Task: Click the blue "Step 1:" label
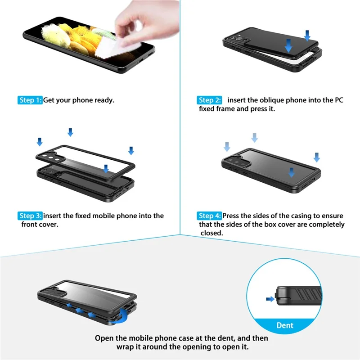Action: click(31, 100)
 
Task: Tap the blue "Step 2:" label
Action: click(210, 100)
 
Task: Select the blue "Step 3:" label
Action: click(31, 216)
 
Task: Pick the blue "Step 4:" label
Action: click(210, 216)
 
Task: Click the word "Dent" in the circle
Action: click(284, 325)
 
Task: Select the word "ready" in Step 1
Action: click(103, 100)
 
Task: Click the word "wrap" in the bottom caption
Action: click(126, 347)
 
